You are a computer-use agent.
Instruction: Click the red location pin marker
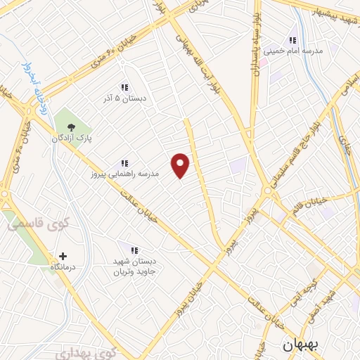[181, 165]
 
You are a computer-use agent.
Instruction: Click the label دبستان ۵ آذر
[124, 99]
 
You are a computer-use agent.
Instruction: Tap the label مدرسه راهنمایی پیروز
[124, 174]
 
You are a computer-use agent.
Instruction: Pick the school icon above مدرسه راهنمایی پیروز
[124, 163]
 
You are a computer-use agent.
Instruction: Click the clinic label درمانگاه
[63, 268]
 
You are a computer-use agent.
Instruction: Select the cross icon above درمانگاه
[63, 257]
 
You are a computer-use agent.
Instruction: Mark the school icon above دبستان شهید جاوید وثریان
[134, 250]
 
